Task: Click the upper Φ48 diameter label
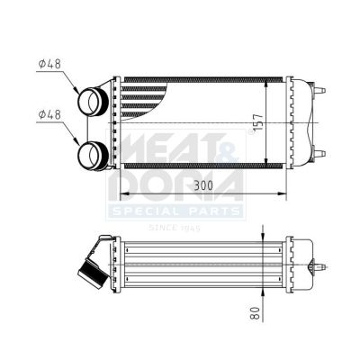click(x=49, y=64)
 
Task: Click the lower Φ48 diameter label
click(x=49, y=114)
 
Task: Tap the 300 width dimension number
click(x=203, y=185)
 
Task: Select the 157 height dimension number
click(x=257, y=121)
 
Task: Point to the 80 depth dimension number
click(x=255, y=313)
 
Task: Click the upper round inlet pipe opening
click(x=93, y=102)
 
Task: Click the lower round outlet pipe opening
click(x=93, y=156)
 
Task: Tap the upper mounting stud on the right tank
click(x=319, y=90)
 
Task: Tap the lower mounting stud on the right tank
click(x=319, y=154)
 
